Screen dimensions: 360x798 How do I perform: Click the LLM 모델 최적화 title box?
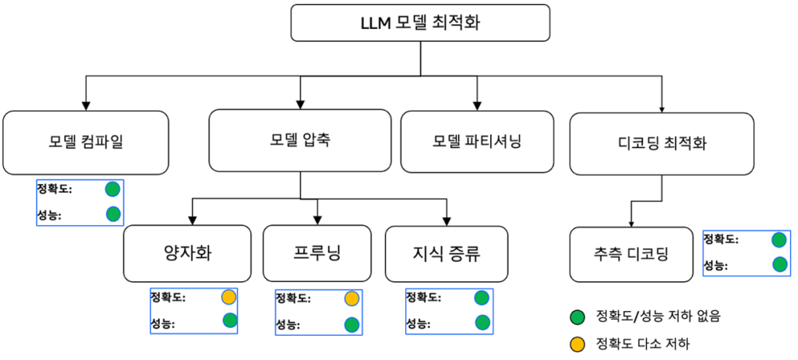422,23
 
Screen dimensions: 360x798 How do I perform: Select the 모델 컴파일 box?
86,142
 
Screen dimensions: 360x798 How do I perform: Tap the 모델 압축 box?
300,140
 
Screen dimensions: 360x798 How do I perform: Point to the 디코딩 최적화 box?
662,143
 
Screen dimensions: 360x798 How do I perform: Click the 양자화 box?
187,253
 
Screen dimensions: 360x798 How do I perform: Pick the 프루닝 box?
317,253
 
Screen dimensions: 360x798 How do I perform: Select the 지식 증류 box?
447,253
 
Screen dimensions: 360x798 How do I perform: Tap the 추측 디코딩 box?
630,254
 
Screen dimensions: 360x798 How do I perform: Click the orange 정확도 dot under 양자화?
228,297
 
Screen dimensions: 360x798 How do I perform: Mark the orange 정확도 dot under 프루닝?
351,298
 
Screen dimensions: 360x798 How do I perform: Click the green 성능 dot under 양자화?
230,319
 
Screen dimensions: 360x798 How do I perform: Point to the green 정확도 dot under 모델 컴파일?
112,189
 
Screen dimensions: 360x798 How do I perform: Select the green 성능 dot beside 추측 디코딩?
779,264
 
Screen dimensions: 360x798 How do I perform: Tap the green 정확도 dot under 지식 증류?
482,297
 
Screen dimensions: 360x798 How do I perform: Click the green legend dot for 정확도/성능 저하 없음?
577,316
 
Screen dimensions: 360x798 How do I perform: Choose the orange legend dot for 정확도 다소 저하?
577,342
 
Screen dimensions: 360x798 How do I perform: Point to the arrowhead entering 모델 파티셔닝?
477,105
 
